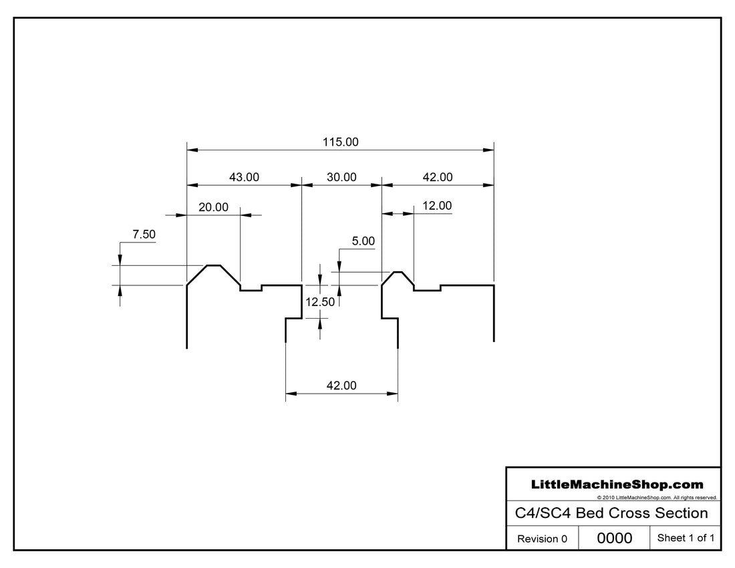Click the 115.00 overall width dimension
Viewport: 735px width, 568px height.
[341, 142]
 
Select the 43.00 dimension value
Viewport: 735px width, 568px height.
[244, 177]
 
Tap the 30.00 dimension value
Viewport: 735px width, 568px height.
[341, 177]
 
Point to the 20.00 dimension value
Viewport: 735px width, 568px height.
[213, 207]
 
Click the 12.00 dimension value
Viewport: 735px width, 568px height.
[437, 206]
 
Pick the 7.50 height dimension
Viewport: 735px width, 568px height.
[144, 234]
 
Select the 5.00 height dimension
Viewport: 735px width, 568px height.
[363, 241]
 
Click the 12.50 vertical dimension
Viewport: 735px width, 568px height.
[320, 302]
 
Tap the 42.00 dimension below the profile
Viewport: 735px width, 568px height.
[341, 386]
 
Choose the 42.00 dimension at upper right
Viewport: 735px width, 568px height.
[437, 177]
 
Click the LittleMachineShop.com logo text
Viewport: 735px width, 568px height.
[616, 484]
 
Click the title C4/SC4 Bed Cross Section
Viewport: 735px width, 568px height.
[611, 513]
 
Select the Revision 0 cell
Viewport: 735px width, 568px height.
[542, 539]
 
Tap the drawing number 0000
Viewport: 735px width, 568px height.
[614, 538]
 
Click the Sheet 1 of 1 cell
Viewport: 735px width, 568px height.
[686, 538]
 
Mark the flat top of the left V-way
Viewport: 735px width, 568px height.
[214, 265]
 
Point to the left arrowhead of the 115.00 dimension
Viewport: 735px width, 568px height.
[191, 150]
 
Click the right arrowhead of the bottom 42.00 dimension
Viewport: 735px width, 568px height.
[394, 394]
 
